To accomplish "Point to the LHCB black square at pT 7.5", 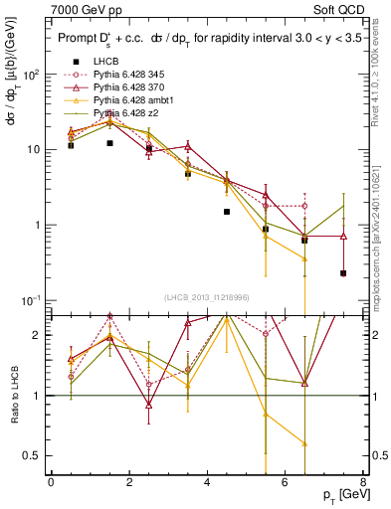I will click(x=343, y=273).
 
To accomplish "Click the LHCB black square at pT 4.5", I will click(x=227, y=212).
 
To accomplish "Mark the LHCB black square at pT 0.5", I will click(x=71, y=145).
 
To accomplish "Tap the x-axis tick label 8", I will click(x=362, y=482).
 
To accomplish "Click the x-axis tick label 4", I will click(x=207, y=482).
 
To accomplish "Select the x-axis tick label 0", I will click(x=51, y=482).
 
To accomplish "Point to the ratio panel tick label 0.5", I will click(x=34, y=456).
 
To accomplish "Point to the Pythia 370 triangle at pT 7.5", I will click(x=343, y=237).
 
